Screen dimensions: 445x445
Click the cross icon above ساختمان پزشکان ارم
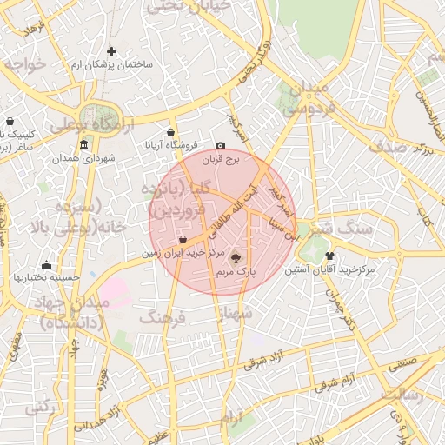pyautogui.click(x=111, y=52)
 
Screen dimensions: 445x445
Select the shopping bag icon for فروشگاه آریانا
pyautogui.click(x=171, y=133)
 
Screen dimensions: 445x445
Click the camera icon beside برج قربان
pyautogui.click(x=220, y=146)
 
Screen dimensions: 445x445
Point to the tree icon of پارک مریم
pyautogui.click(x=236, y=256)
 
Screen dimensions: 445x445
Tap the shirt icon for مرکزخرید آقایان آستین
pyautogui.click(x=329, y=256)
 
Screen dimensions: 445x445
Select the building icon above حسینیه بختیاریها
pyautogui.click(x=46, y=265)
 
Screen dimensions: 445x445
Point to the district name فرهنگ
pyautogui.click(x=163, y=318)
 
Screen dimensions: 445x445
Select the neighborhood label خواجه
pyautogui.click(x=23, y=65)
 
